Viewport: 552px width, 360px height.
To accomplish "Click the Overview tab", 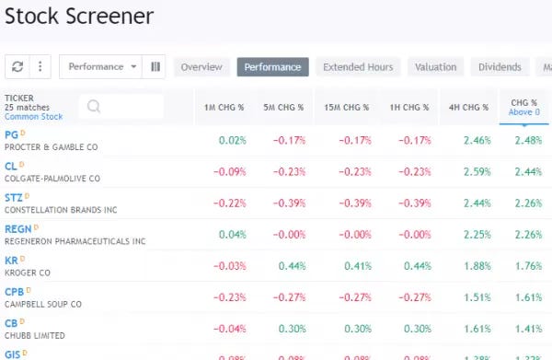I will point(201,67).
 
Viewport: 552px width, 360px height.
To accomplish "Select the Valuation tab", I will point(435,67).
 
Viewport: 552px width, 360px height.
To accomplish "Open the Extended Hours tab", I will point(358,67).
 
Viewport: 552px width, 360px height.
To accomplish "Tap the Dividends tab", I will point(500,67).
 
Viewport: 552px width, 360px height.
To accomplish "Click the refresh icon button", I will point(17,67).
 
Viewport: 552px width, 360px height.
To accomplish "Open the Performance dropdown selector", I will point(102,67).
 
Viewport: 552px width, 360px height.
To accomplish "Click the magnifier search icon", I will point(93,106).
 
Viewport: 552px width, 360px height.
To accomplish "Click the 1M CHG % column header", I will point(224,107).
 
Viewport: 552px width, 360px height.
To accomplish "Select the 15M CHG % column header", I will point(346,107).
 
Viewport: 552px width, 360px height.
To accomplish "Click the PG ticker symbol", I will point(12,134).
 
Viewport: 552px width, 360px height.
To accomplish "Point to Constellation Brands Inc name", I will point(61,210).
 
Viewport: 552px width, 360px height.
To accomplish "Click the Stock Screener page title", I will point(79,17).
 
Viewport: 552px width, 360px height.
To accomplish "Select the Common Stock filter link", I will point(34,117).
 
